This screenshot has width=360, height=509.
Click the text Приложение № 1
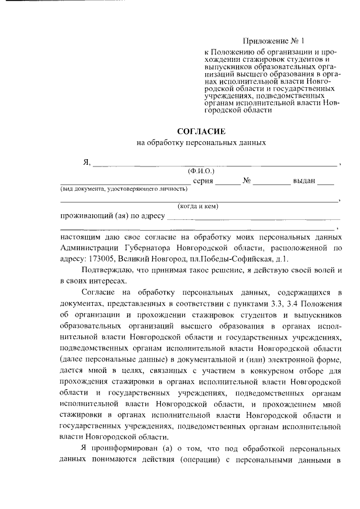273,41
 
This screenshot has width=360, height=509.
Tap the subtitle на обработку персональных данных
201,143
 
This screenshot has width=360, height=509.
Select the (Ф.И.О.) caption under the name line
201,170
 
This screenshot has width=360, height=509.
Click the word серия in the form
202,182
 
